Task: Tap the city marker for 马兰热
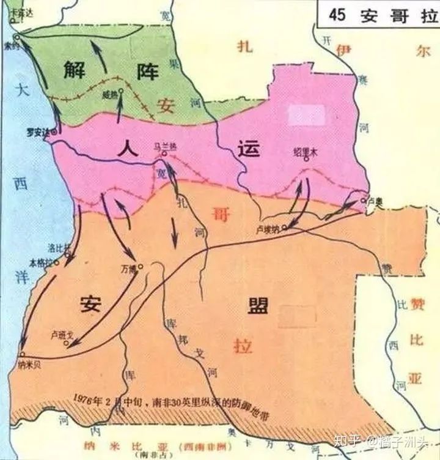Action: click(164, 155)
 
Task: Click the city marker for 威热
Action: click(121, 90)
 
